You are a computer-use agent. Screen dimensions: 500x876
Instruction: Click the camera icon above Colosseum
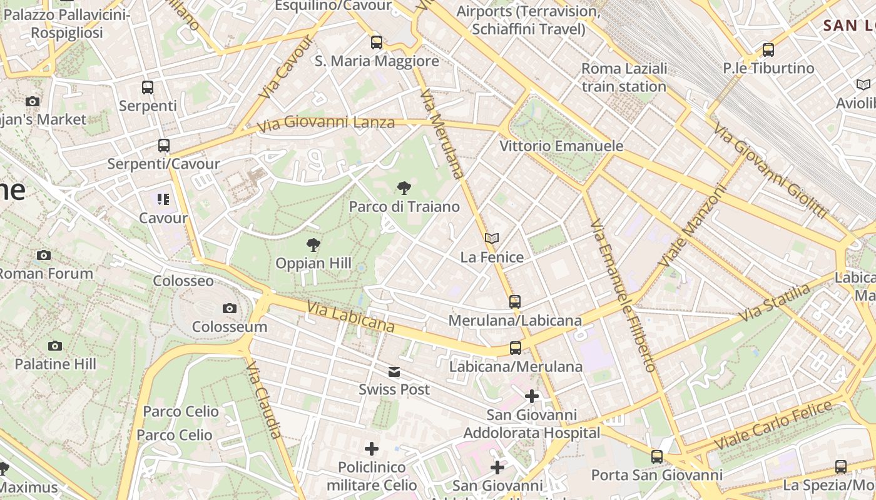click(x=230, y=308)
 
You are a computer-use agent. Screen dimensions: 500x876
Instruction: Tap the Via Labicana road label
click(x=350, y=317)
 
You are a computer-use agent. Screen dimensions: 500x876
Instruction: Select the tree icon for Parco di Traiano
click(x=404, y=187)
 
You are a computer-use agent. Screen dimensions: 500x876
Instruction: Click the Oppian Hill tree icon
click(x=313, y=244)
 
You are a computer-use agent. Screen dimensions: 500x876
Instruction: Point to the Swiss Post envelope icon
click(x=394, y=372)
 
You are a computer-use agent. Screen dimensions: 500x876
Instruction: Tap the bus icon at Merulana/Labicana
click(x=515, y=302)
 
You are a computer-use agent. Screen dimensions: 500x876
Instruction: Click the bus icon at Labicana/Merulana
click(x=516, y=348)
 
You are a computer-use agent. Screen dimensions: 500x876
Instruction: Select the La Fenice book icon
click(x=492, y=238)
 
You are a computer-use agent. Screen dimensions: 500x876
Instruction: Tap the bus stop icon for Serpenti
click(x=148, y=87)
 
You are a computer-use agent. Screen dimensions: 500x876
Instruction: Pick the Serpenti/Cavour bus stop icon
click(x=164, y=146)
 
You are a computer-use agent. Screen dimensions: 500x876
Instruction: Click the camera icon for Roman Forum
click(x=43, y=255)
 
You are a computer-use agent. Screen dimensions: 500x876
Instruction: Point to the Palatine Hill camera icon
click(x=55, y=346)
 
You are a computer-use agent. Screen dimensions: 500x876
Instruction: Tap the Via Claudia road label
click(x=265, y=399)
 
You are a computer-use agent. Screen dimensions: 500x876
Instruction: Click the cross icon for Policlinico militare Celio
click(x=372, y=449)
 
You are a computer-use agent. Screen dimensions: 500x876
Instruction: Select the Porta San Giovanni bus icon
click(x=656, y=457)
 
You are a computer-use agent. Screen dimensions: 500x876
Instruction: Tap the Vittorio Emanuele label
click(x=561, y=146)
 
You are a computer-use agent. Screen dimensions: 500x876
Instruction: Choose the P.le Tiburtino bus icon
click(x=768, y=50)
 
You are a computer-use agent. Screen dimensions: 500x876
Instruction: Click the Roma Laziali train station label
click(x=624, y=77)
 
